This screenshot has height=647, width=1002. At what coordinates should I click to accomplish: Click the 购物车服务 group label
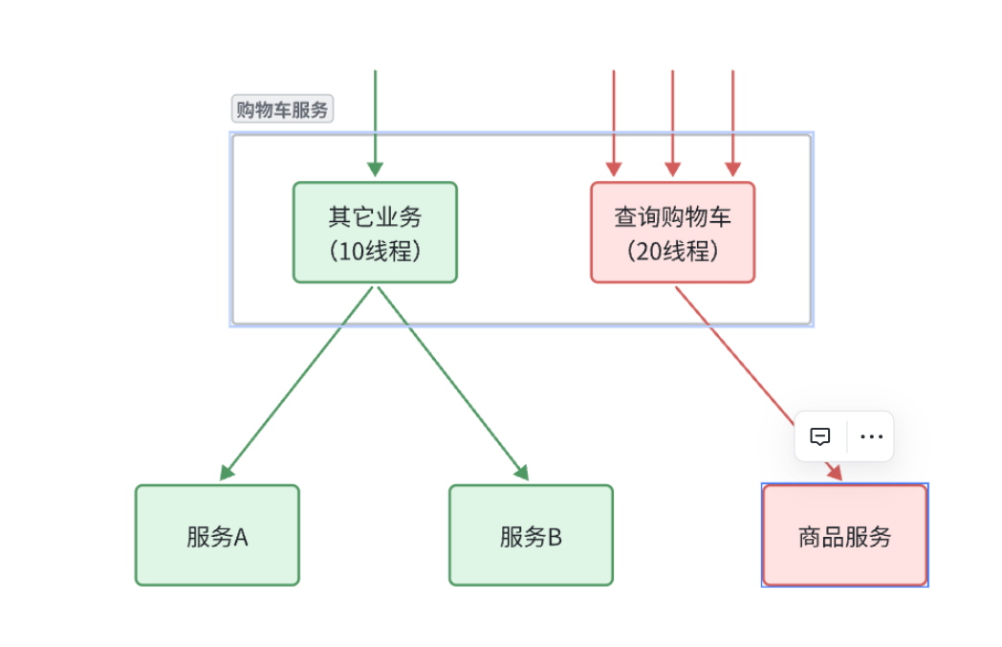pos(282,109)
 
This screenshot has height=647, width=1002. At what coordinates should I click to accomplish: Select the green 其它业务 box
pos(375,233)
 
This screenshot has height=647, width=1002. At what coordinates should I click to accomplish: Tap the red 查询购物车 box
pos(673,233)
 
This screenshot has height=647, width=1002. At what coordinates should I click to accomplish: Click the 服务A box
pos(217,535)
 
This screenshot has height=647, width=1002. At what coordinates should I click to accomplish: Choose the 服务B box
pos(531,535)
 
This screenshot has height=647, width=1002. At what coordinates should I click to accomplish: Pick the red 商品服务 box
pos(845,535)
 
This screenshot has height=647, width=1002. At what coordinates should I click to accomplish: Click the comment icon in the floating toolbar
pos(820,436)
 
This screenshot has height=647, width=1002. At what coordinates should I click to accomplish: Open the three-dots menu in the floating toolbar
pos(872,436)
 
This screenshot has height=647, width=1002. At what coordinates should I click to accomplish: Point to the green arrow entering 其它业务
pos(375,123)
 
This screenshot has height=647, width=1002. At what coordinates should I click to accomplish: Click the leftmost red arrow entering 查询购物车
pos(614,123)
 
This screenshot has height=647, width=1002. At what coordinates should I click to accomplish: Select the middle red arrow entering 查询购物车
pos(672,123)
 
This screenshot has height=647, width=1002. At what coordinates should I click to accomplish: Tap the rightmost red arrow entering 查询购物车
pos(733,123)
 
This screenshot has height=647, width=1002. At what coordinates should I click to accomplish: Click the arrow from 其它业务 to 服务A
pos(295,384)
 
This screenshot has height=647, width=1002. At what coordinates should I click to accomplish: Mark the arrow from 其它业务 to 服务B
pos(454,384)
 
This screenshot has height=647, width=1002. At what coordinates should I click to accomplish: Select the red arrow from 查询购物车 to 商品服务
pos(759,384)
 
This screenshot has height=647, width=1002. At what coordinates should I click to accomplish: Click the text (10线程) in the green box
pos(375,251)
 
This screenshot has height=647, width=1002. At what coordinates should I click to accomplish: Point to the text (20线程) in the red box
pos(673,251)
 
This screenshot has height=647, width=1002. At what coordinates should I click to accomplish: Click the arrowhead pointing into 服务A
pos(227,473)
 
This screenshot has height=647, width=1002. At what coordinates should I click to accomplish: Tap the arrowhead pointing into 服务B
pos(522,473)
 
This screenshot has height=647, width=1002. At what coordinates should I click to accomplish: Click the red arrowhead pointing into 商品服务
pos(836,472)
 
